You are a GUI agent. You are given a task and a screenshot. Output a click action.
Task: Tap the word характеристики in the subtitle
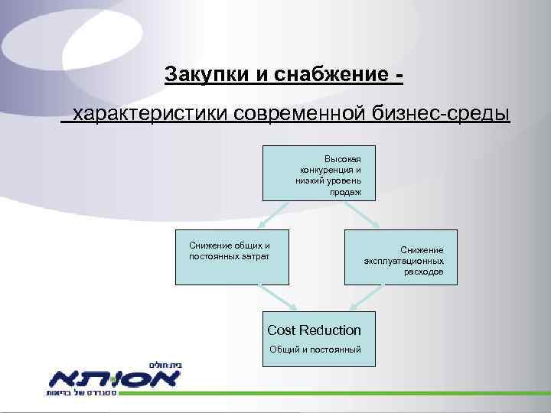coord(148,115)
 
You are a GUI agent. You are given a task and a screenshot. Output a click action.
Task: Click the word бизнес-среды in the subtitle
coord(440,115)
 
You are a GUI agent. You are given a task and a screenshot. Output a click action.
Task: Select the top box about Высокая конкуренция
coord(318,173)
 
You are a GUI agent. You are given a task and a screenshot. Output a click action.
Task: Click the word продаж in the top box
coord(346,193)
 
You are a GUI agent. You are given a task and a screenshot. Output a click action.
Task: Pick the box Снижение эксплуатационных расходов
coord(400,257)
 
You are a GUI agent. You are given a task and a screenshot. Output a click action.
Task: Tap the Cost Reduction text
coord(314,330)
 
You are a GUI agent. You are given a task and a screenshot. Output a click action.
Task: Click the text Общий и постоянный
coord(314,350)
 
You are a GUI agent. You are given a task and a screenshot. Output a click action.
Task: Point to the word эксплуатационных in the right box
coord(403,261)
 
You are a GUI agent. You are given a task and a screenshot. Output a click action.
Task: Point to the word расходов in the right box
coord(424,272)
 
